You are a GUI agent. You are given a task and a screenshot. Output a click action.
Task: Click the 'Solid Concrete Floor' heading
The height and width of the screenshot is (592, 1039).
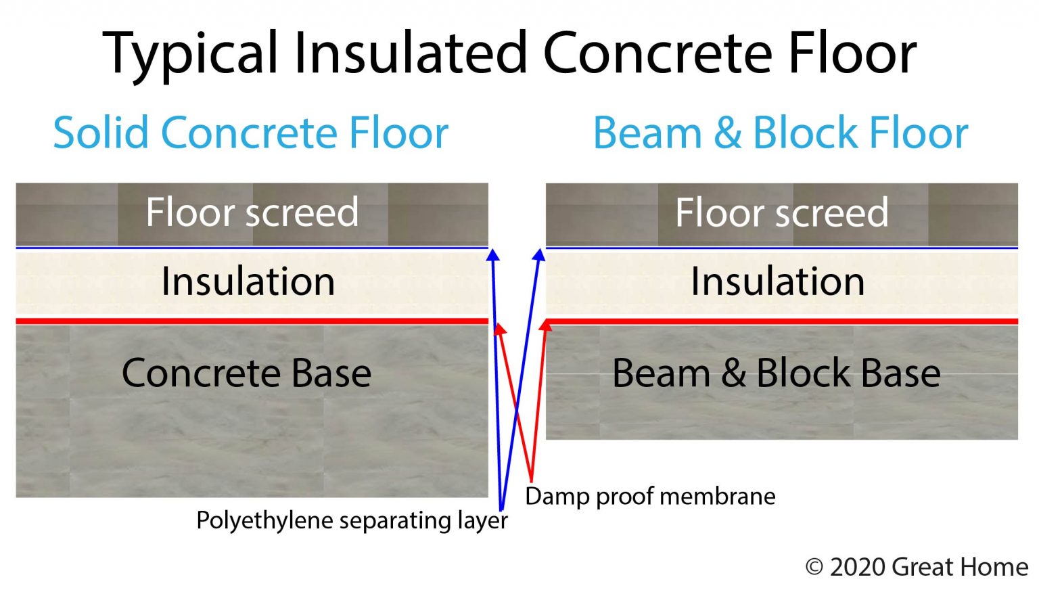click(x=251, y=133)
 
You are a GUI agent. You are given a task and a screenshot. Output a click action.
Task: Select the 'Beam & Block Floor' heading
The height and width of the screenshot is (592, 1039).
click(x=780, y=133)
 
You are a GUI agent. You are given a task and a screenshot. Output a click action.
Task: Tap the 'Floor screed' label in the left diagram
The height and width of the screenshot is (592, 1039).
click(x=252, y=212)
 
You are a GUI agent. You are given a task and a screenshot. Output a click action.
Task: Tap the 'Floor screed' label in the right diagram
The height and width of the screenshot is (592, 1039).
click(x=781, y=212)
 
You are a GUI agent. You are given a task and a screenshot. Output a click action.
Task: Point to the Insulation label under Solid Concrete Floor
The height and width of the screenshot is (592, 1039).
click(x=248, y=281)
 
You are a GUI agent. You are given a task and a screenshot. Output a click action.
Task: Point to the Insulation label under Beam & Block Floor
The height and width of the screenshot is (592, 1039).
click(x=777, y=281)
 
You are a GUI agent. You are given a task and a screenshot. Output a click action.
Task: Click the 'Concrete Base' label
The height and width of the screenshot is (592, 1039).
click(x=246, y=373)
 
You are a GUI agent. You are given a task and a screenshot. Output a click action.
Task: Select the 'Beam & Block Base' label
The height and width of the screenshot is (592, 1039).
click(x=776, y=373)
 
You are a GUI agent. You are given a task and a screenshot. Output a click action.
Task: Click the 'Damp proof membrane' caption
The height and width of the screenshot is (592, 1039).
click(x=650, y=497)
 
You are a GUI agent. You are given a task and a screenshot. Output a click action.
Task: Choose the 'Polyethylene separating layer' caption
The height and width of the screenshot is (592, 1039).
click(x=352, y=521)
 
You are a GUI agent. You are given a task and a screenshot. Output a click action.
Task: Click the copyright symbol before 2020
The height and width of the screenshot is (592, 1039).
click(x=814, y=567)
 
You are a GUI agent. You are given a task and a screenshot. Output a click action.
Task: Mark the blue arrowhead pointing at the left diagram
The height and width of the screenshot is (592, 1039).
click(x=493, y=255)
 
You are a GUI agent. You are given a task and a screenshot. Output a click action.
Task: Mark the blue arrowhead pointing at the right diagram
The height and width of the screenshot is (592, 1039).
click(x=538, y=255)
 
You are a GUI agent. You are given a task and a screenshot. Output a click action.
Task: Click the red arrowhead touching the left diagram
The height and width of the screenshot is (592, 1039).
click(x=499, y=329)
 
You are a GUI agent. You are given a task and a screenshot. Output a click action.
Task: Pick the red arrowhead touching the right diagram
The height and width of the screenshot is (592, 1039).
click(x=545, y=327)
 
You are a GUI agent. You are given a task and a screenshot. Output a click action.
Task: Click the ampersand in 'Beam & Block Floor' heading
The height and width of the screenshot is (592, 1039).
click(x=727, y=133)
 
